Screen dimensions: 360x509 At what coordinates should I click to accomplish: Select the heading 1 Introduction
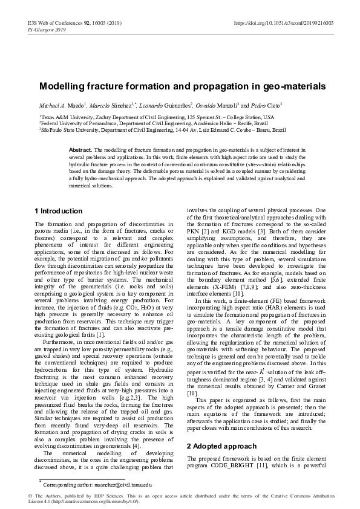(x=58, y=211)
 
